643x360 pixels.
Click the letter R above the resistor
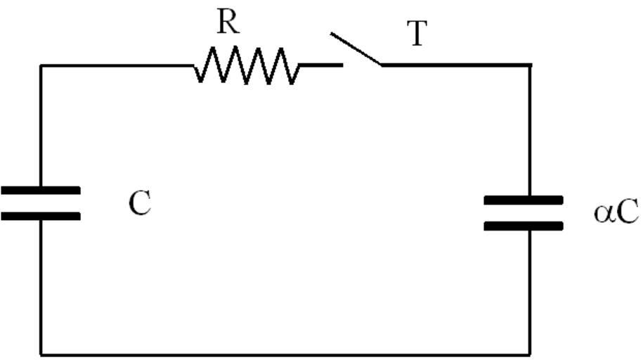click(227, 22)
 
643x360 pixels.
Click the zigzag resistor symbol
click(246, 65)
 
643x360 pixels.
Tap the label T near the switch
click(417, 34)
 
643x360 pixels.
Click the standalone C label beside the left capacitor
click(139, 204)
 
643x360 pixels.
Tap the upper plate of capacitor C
click(40, 190)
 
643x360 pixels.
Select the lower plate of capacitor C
click(40, 216)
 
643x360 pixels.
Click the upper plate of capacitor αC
click(524, 200)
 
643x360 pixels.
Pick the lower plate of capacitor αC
click(524, 226)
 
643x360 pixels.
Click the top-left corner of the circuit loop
click(41, 65)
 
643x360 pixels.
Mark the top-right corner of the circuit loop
click(530, 65)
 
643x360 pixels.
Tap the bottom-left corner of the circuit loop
click(41, 354)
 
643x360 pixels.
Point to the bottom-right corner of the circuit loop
click(530, 354)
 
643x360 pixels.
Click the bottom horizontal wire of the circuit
click(281, 354)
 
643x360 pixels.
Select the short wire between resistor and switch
click(320, 65)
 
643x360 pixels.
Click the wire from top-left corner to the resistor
click(116, 65)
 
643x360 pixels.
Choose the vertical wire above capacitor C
click(41, 127)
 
